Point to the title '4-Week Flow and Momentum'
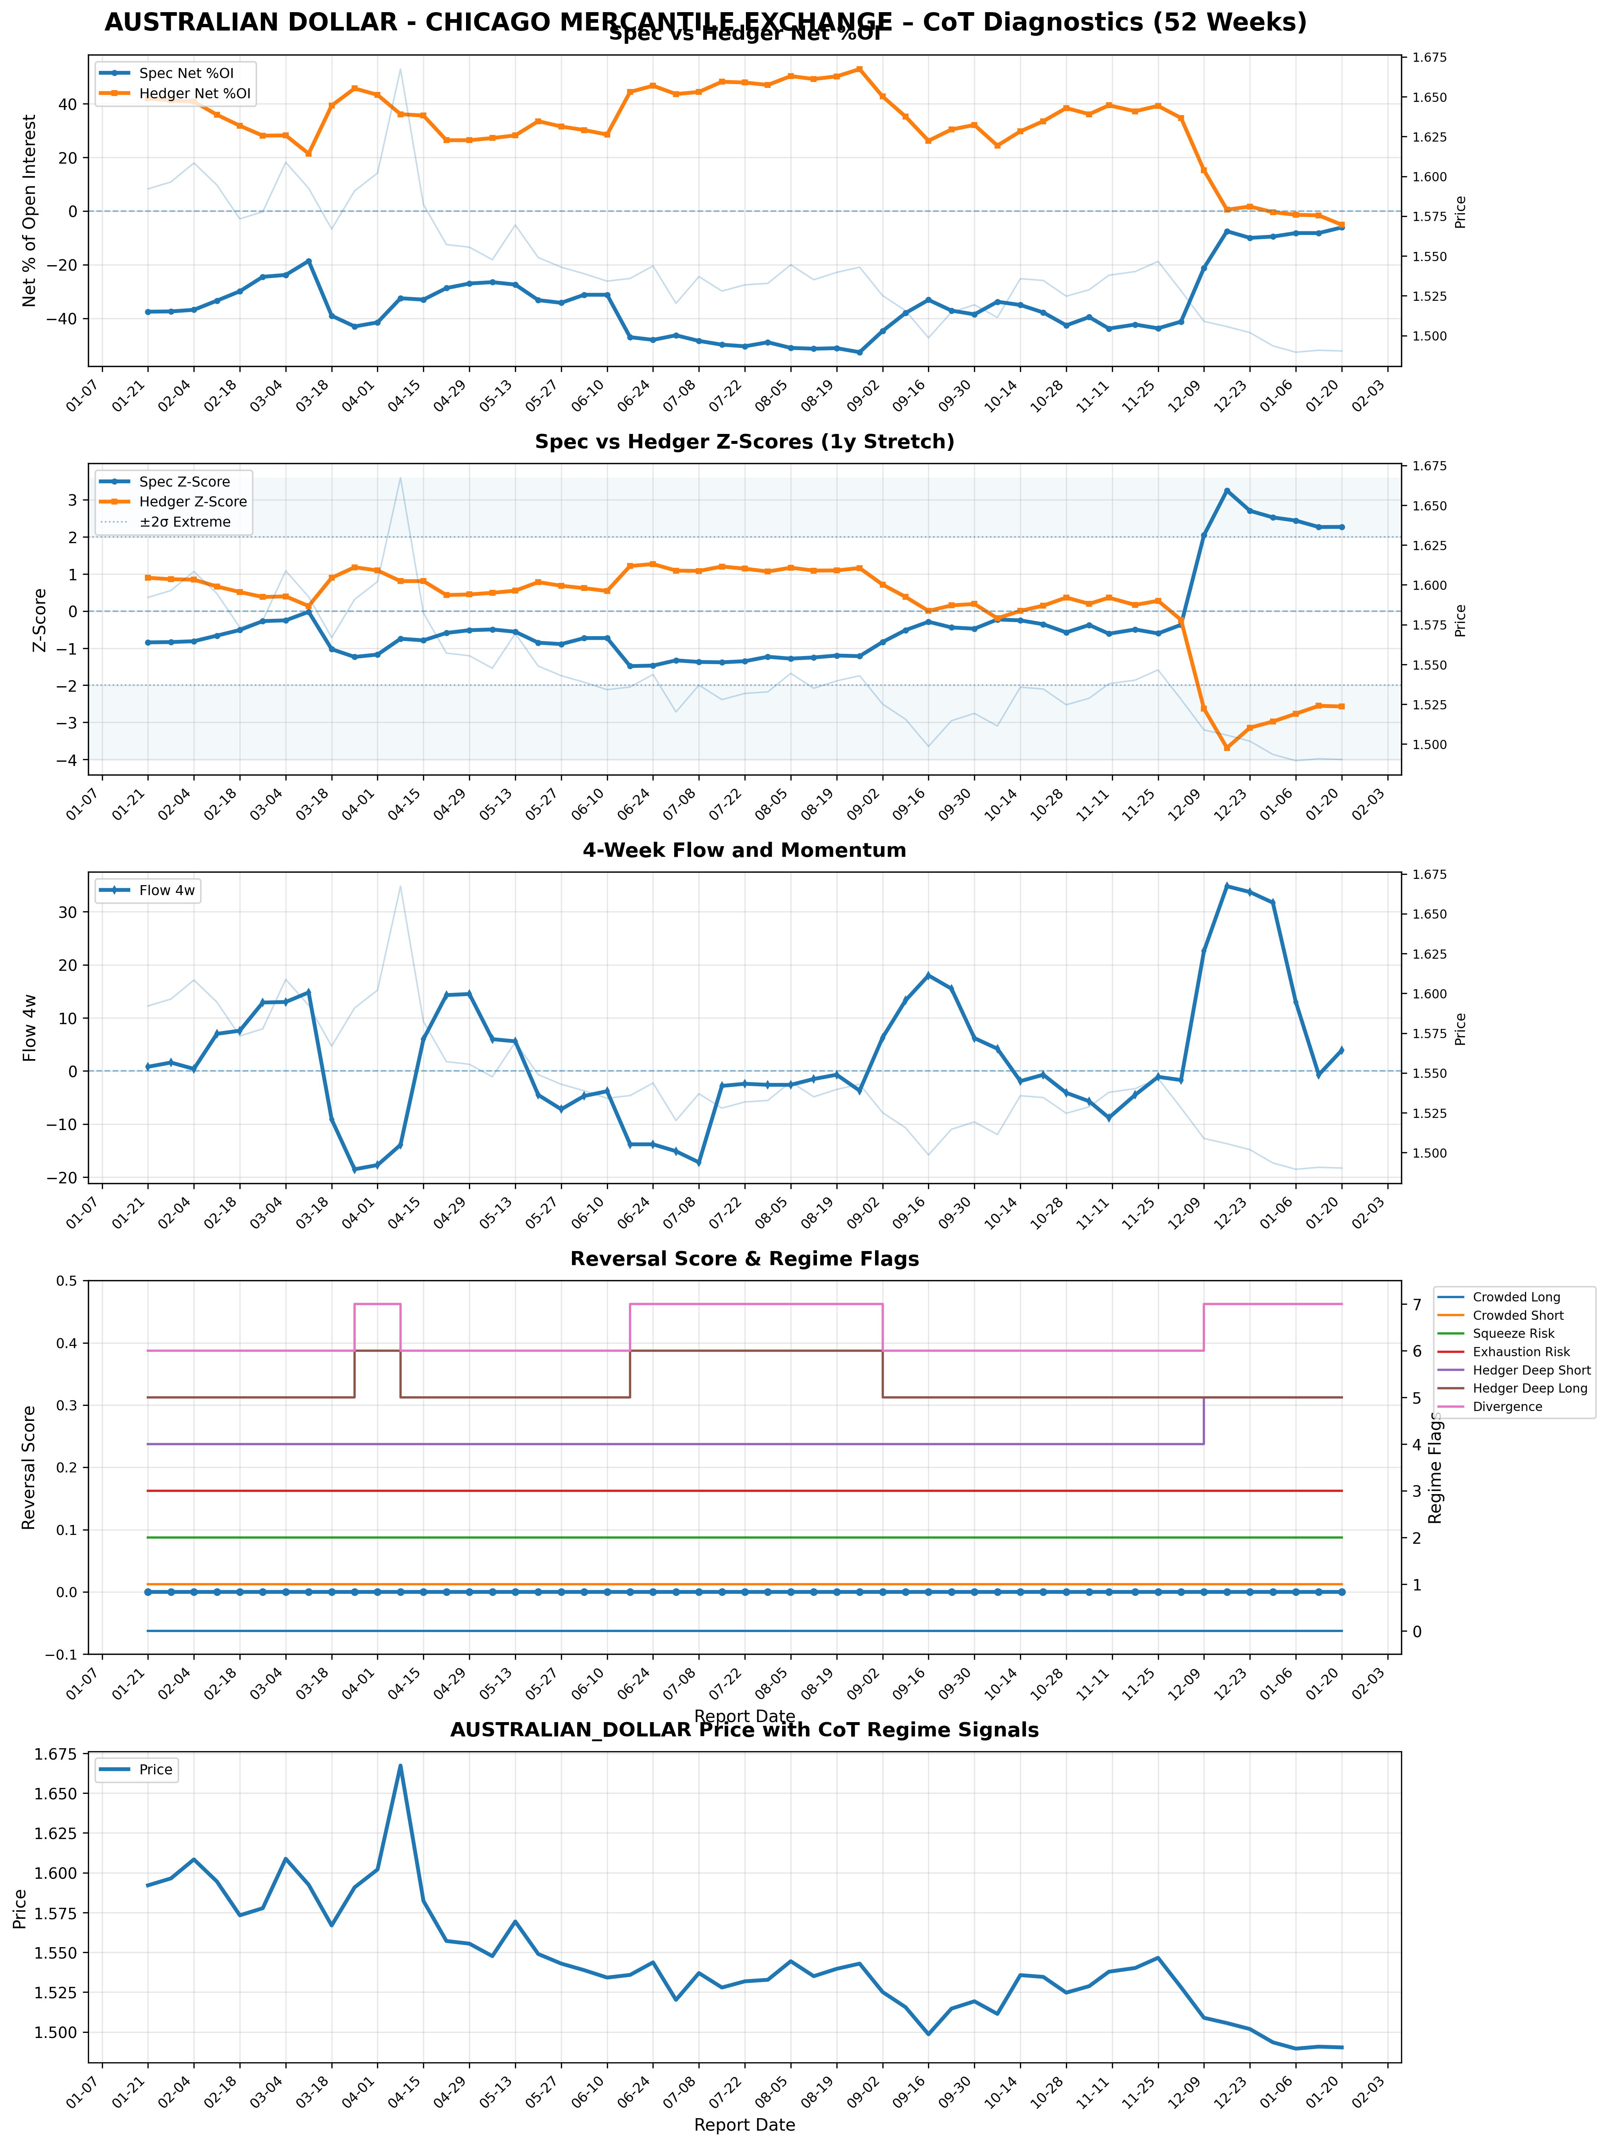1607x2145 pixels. (744, 851)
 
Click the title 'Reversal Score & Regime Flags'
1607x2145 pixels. (744, 1259)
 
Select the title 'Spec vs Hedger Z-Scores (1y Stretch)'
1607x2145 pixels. (744, 442)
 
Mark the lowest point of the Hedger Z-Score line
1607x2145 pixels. (1227, 748)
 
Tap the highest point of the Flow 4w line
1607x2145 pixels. (1227, 886)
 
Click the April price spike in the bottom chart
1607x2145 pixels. (401, 1766)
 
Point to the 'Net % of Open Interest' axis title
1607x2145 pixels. (29, 210)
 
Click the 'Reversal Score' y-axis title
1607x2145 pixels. (29, 1467)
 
